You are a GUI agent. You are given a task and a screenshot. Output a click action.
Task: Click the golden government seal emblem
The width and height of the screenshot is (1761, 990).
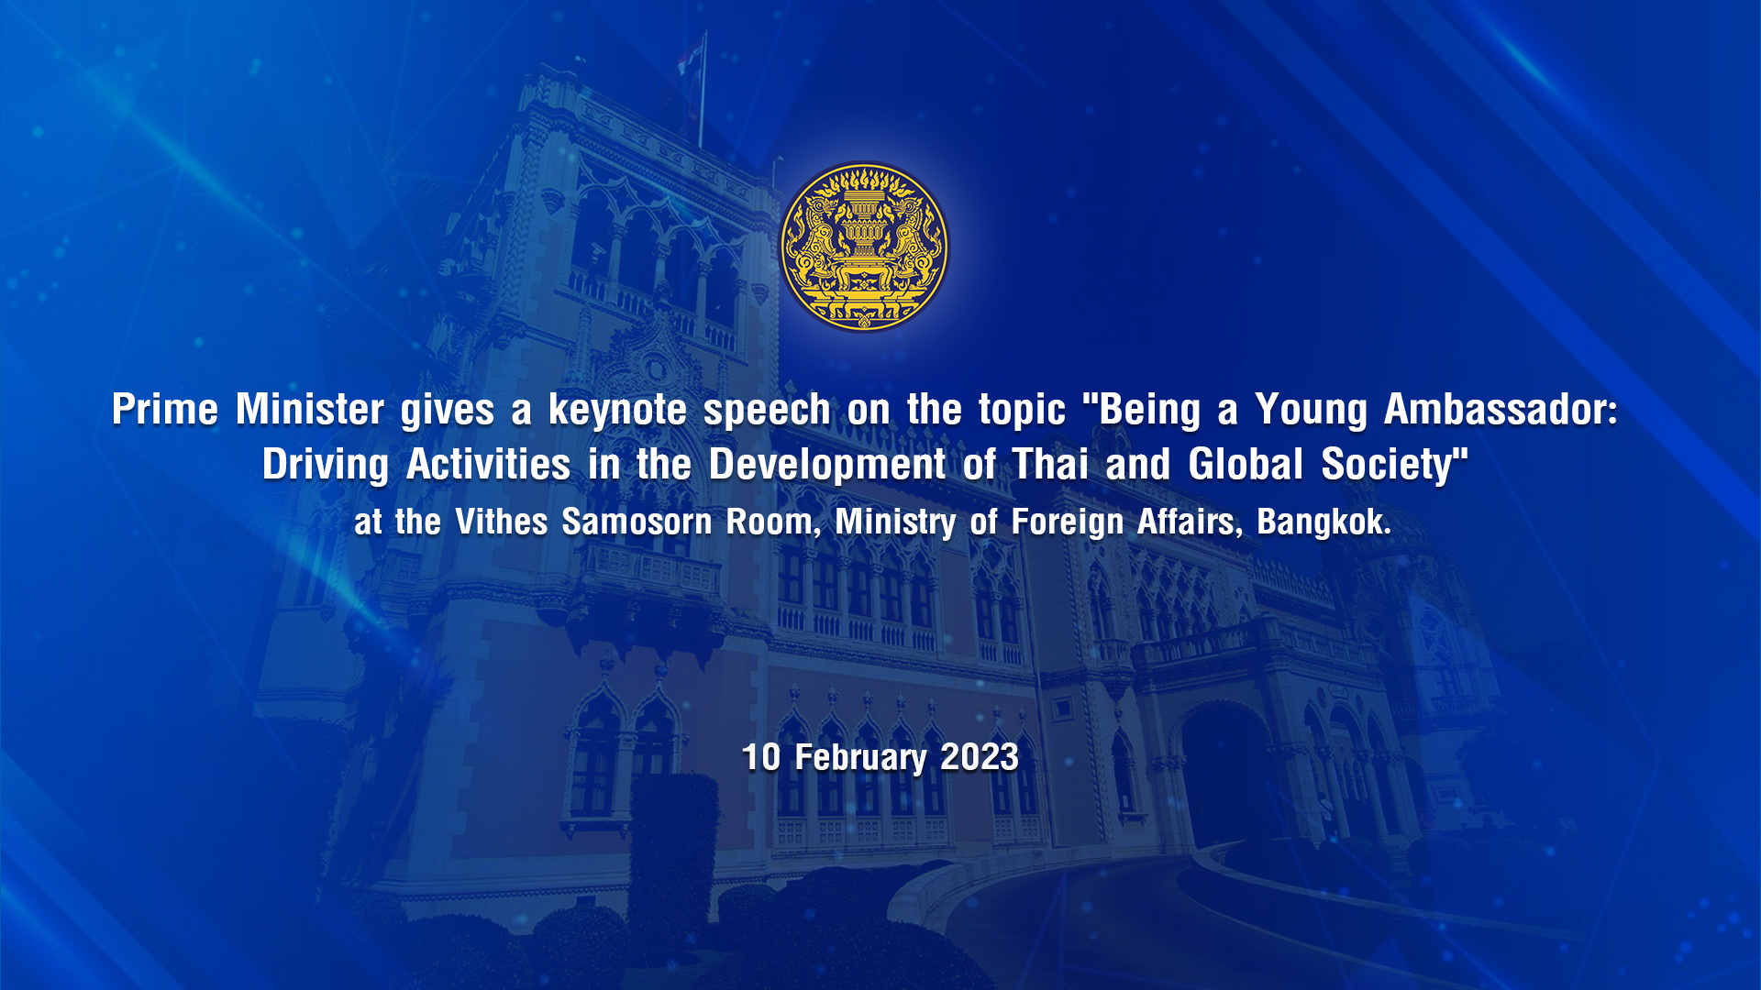[864, 247]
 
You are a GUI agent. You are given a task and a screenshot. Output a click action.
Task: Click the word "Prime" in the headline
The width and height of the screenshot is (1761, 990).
[165, 409]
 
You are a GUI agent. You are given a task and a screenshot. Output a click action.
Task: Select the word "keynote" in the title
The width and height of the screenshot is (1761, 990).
[617, 410]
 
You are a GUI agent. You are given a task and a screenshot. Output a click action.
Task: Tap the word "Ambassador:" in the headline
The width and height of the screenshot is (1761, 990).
[1501, 409]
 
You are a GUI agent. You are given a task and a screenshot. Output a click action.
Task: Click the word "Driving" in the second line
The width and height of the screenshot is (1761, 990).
[326, 466]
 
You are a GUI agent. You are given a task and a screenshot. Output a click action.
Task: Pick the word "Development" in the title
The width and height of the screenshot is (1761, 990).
[827, 466]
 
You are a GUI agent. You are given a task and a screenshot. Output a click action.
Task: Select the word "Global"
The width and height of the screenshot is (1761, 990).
[1246, 464]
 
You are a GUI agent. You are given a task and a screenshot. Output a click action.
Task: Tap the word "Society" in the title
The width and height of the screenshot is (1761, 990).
[1387, 466]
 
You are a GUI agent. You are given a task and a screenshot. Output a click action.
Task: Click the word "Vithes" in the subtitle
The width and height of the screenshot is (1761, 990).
[502, 522]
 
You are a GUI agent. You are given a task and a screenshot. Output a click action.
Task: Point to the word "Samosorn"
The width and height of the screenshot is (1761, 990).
[637, 522]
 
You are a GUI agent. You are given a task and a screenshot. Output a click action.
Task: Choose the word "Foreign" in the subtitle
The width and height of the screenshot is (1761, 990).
[1068, 523]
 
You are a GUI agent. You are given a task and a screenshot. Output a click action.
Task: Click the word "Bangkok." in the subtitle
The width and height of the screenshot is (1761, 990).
[1324, 522]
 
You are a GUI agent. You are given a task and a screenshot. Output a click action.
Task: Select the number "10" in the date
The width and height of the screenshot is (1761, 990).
[761, 757]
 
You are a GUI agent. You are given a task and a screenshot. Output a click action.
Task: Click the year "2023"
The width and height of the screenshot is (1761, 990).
[980, 757]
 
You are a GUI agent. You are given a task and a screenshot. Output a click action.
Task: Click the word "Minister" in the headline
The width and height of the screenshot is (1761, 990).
[310, 409]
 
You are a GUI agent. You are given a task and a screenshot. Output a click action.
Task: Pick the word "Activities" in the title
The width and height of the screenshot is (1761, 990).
[489, 464]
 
